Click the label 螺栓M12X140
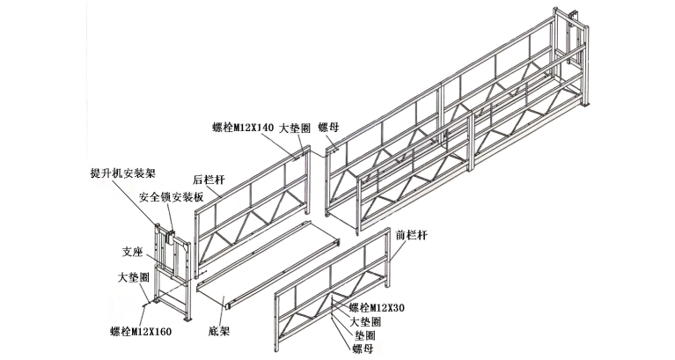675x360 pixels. click(x=244, y=128)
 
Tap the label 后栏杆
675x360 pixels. click(x=209, y=179)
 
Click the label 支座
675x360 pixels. click(x=130, y=250)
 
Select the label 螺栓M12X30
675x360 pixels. click(x=376, y=307)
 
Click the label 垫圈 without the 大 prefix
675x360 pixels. click(x=364, y=335)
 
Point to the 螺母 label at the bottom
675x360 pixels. click(x=363, y=349)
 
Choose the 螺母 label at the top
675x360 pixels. click(x=328, y=128)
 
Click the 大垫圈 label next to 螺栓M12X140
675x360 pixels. click(x=294, y=128)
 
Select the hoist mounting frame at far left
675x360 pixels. click(x=172, y=268)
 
